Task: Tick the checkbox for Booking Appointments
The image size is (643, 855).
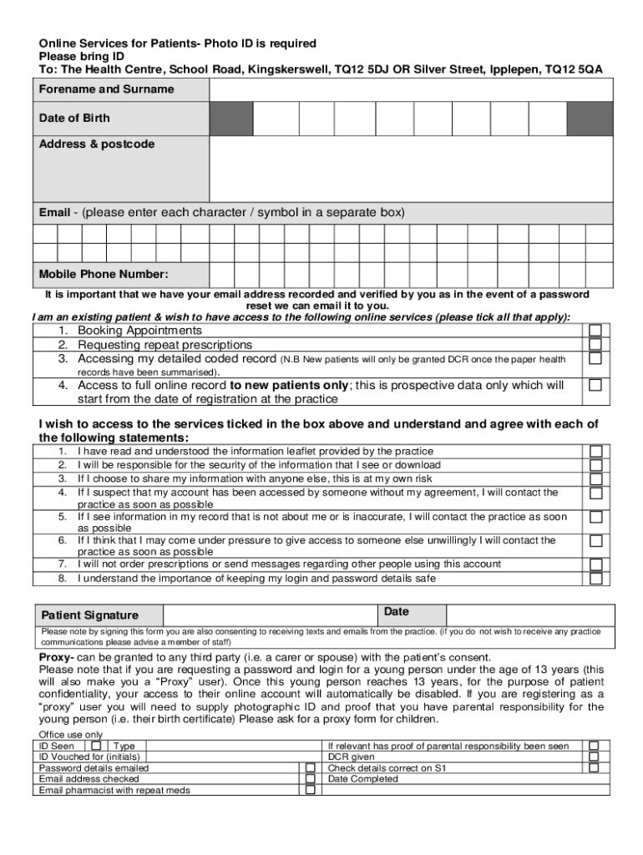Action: click(x=595, y=331)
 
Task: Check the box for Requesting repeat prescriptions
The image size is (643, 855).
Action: click(x=595, y=344)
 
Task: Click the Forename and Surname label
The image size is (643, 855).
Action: click(x=106, y=89)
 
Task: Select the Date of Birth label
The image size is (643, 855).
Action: click(x=74, y=119)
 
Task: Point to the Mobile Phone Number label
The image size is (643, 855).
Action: click(x=104, y=274)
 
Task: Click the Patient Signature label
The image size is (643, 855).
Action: click(x=90, y=615)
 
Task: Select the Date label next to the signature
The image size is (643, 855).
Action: click(x=397, y=612)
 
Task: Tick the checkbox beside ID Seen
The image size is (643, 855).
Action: click(x=97, y=746)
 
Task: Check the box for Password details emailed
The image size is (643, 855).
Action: click(x=310, y=768)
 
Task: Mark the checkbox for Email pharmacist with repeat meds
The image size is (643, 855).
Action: click(x=310, y=790)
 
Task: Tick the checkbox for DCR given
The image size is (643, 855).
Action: click(x=594, y=757)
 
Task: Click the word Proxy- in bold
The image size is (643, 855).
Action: click(x=57, y=658)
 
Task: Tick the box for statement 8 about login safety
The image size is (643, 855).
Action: click(x=595, y=579)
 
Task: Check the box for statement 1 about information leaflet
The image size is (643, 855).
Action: click(x=595, y=452)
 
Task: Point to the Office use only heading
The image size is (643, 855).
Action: click(x=71, y=735)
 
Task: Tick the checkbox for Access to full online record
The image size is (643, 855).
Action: click(x=595, y=385)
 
